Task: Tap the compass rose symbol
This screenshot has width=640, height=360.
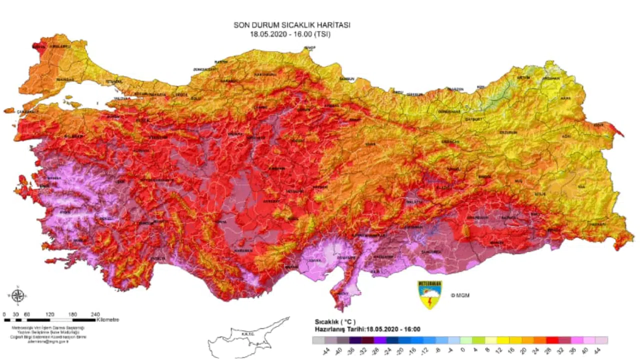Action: point(17,295)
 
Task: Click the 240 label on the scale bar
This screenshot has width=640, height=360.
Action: point(95,314)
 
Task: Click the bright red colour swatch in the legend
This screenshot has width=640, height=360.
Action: point(551,340)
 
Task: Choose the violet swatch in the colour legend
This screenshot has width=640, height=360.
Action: point(381,340)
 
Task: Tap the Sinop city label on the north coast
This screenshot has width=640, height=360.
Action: point(310,48)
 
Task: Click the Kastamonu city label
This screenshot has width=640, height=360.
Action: point(265,74)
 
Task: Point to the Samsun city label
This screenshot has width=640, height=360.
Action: point(346,79)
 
